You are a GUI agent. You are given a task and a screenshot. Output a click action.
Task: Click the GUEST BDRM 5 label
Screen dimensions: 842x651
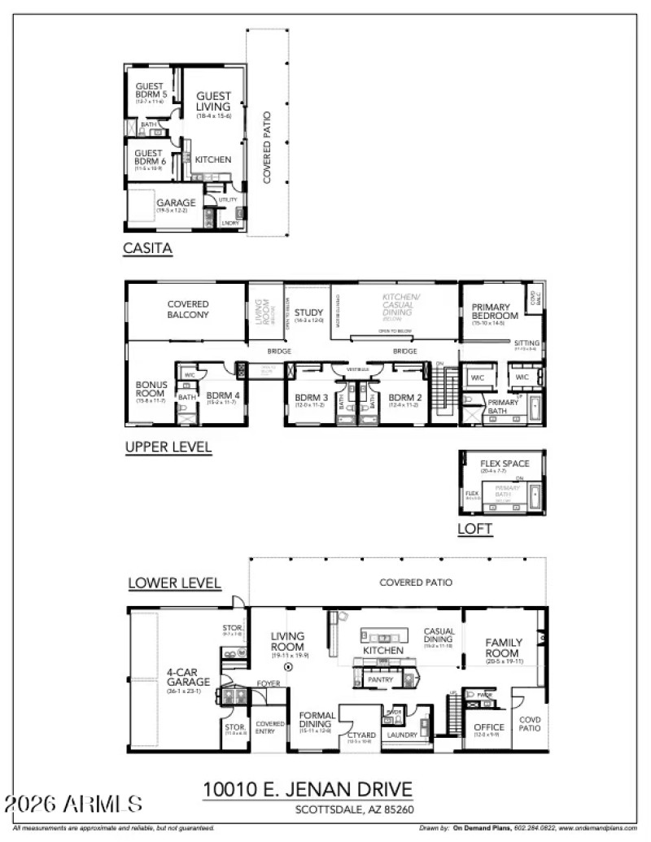(x=151, y=90)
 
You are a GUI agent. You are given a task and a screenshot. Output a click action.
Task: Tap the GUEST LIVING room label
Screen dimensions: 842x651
(x=213, y=101)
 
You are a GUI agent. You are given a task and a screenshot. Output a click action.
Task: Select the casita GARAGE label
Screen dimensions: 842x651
(x=176, y=203)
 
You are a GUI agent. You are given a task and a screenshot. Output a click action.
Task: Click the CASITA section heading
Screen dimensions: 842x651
(x=147, y=249)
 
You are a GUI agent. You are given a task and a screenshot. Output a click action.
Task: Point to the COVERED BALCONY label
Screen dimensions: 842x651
(x=188, y=308)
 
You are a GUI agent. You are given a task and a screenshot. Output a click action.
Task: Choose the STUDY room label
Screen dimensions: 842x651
(x=308, y=312)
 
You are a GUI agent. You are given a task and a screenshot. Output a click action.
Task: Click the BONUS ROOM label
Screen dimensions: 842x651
(x=151, y=388)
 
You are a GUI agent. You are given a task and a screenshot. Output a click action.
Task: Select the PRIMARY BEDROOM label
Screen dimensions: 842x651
(x=495, y=311)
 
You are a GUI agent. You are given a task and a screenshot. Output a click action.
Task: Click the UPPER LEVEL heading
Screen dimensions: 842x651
(x=168, y=447)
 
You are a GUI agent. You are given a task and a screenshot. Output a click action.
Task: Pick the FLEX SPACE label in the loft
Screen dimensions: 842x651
(x=505, y=464)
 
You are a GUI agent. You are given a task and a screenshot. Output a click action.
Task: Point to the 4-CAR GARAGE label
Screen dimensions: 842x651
(x=189, y=677)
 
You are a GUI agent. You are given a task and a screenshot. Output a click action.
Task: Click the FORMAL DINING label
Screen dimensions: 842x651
(x=314, y=719)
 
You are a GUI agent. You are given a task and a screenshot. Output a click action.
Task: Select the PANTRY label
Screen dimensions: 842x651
(x=380, y=679)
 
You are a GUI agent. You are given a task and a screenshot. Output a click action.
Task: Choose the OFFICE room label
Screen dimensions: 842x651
(x=488, y=726)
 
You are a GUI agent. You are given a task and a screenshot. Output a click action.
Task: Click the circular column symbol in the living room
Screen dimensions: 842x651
(x=287, y=665)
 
